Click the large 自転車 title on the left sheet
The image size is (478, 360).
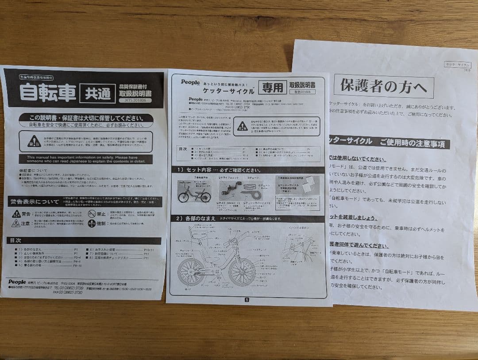click(47, 91)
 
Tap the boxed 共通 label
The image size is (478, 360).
click(97, 94)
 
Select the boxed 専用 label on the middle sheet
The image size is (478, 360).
click(272, 88)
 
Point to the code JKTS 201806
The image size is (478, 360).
click(135, 101)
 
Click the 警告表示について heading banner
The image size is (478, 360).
click(35, 202)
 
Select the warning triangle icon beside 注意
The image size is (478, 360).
click(16, 223)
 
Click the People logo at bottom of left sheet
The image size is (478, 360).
click(17, 282)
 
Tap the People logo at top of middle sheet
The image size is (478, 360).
click(190, 82)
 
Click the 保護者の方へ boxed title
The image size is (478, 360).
click(384, 86)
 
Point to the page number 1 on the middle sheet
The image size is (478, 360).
click(247, 299)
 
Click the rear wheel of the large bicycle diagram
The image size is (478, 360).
click(191, 271)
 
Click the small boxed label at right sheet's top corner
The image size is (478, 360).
click(458, 65)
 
